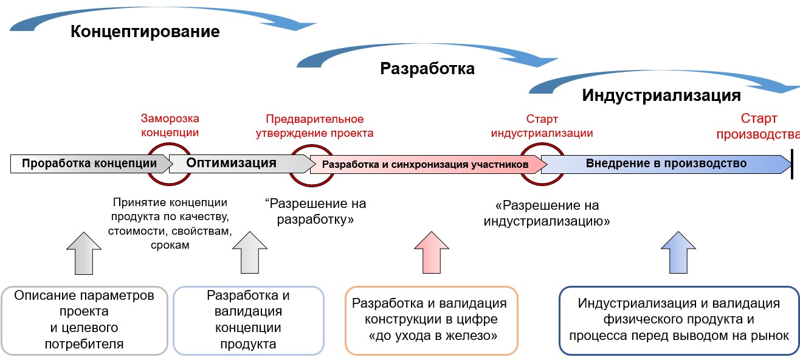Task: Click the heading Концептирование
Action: point(145,32)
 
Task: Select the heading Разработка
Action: point(427,68)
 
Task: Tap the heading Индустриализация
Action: point(661,95)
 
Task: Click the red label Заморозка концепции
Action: point(170,125)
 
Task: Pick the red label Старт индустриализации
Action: point(542,126)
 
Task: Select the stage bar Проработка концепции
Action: point(88,164)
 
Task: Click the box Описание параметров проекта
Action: point(84,320)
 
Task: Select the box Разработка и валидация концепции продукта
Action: point(248,320)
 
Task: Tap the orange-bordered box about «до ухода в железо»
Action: point(431,320)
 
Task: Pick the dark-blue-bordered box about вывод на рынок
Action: point(678,320)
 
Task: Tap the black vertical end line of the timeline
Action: point(792,164)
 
